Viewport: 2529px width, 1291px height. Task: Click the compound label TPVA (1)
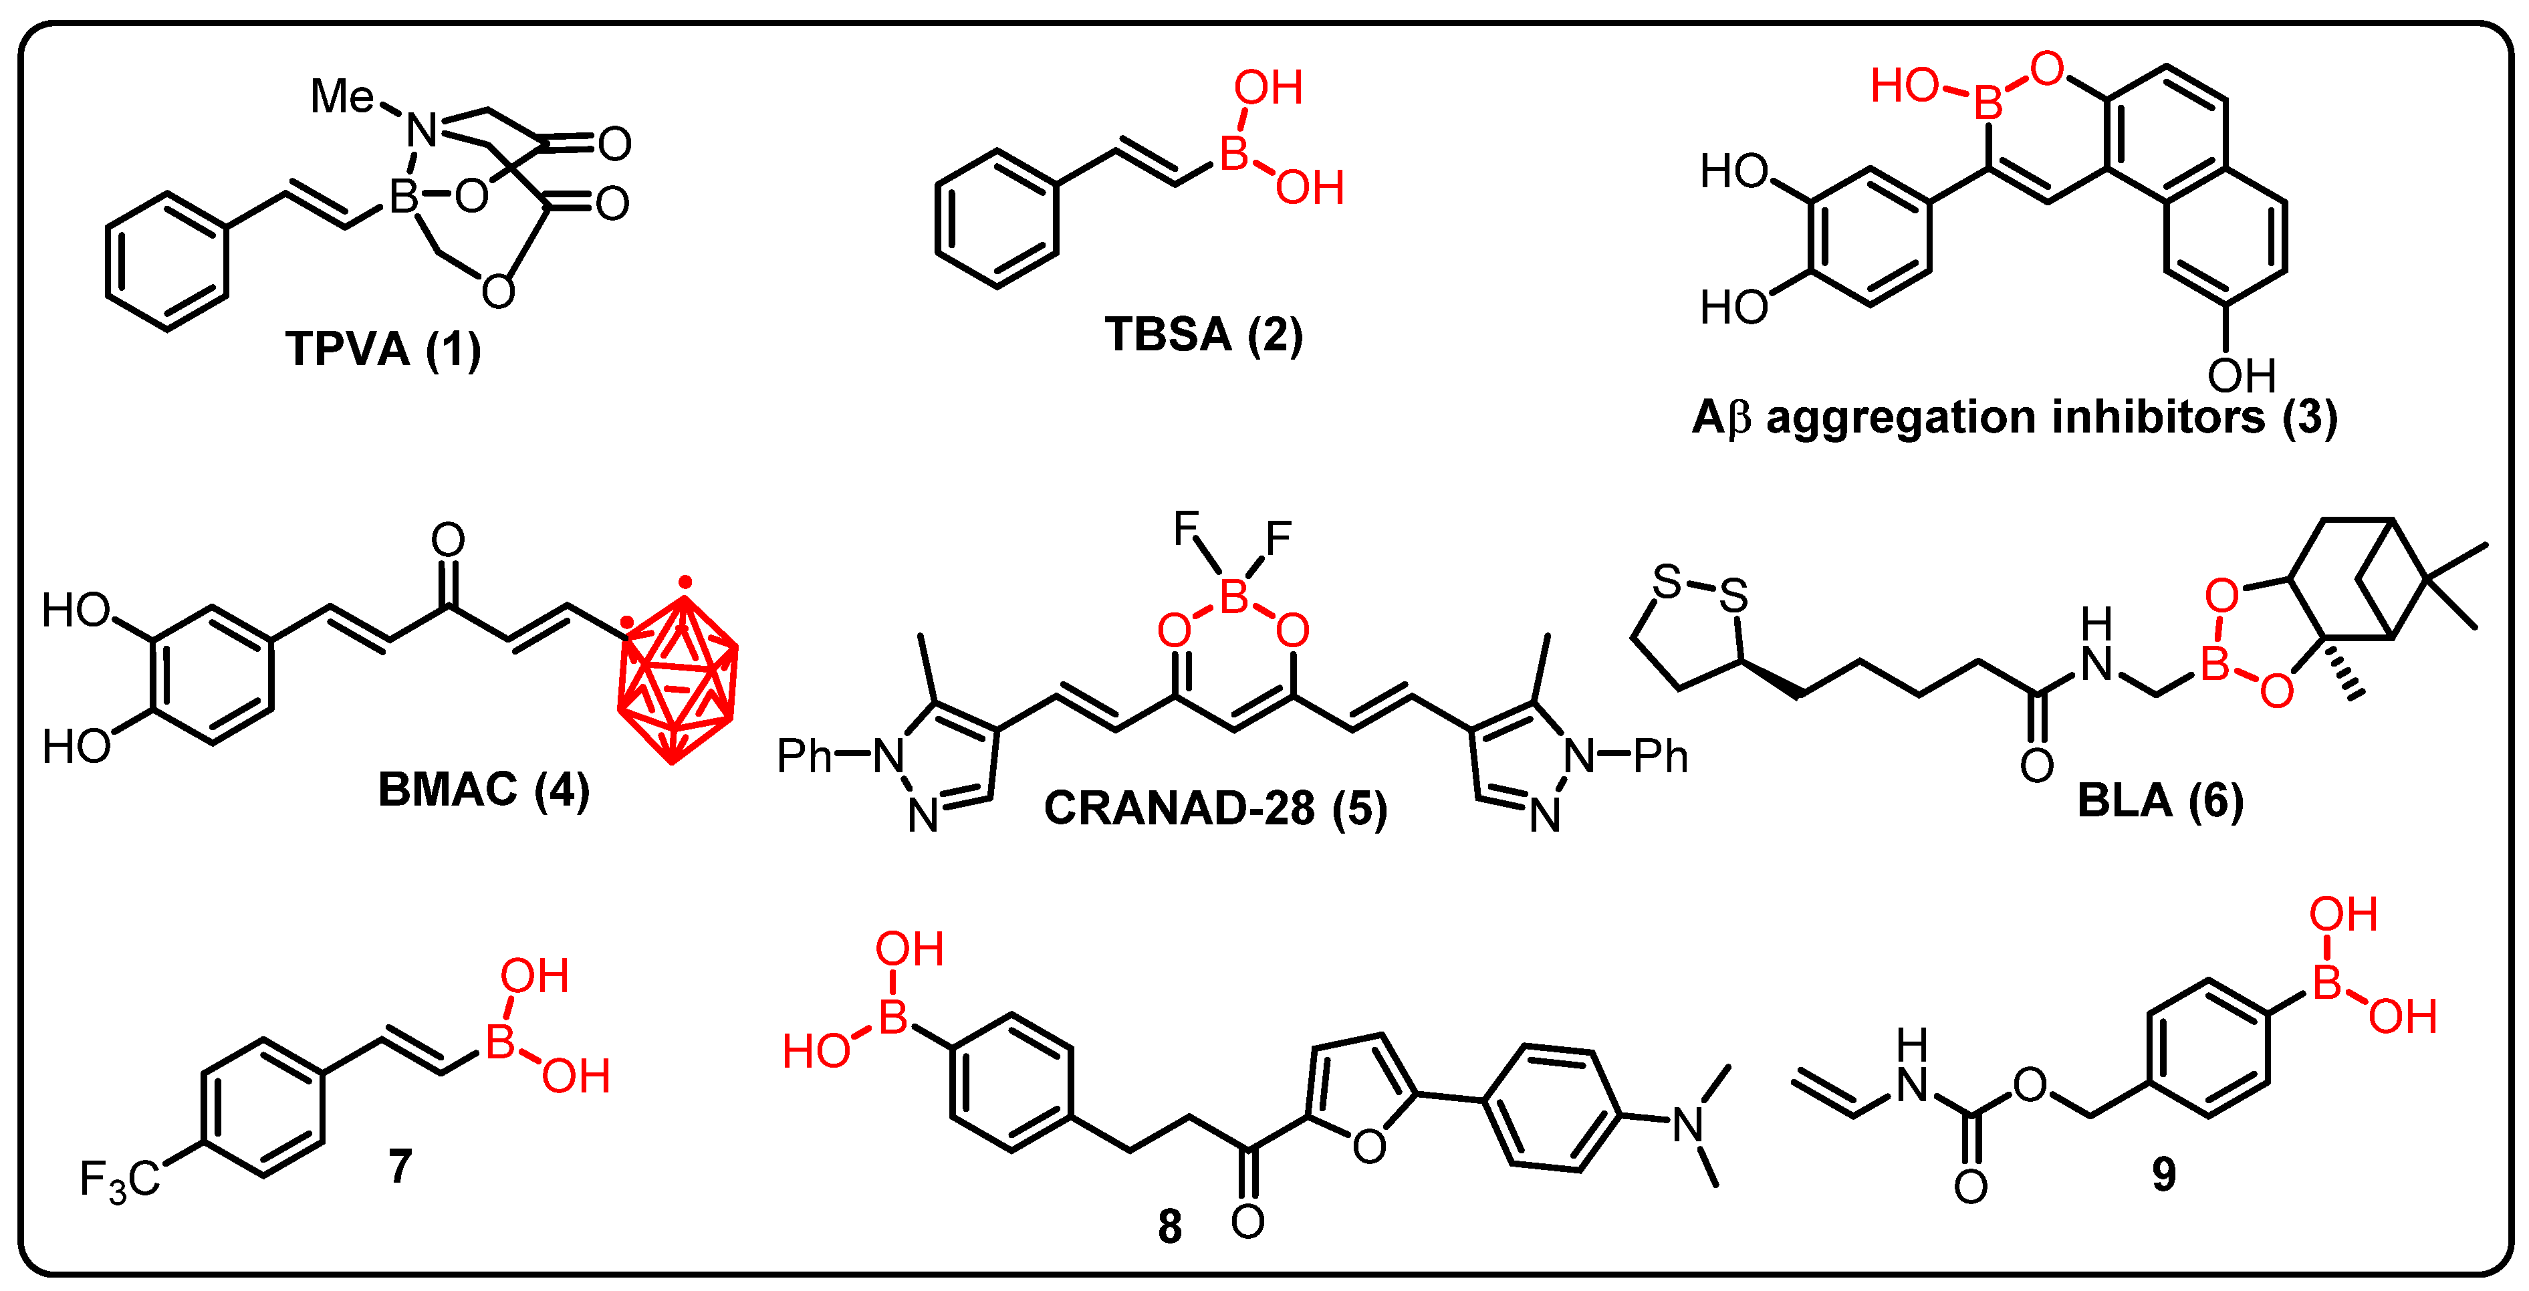(383, 350)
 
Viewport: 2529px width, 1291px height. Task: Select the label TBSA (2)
(1203, 335)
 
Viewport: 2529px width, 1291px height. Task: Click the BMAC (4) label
(483, 790)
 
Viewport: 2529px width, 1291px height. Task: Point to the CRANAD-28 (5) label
(1215, 809)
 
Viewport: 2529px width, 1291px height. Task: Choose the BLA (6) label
(2160, 801)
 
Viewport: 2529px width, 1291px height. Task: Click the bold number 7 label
(400, 1167)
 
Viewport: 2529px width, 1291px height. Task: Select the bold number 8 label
(1169, 1227)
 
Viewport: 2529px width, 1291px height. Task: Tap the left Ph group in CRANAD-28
(804, 756)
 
